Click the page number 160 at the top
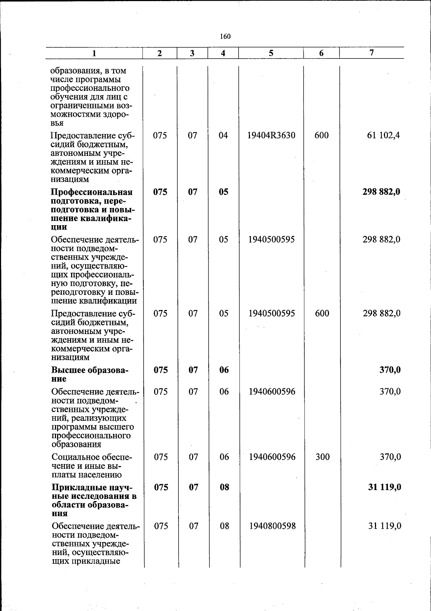[225, 36]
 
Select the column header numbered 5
[271, 53]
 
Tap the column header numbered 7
[372, 53]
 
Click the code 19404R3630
[272, 135]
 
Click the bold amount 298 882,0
[381, 192]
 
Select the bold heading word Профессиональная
[92, 192]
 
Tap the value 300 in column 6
[322, 457]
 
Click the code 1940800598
[272, 526]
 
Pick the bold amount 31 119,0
[385, 487]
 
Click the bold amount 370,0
[390, 370]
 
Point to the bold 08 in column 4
[224, 487]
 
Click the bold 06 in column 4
[224, 370]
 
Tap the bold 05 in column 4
[223, 192]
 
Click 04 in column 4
[223, 135]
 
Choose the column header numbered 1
[94, 53]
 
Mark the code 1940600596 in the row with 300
[272, 457]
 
